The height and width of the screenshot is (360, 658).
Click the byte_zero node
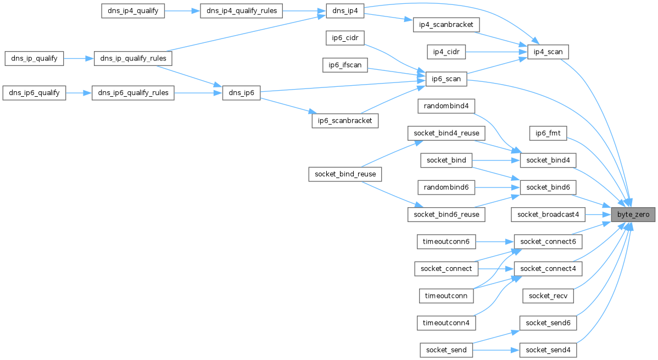633,214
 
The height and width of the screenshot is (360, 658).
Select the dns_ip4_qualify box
133,11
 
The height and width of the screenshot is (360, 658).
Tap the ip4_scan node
547,52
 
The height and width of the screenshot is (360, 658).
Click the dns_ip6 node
241,93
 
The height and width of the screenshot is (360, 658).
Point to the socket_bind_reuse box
345,174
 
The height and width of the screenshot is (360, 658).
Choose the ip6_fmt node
547,133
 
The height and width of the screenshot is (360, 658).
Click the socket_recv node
548,296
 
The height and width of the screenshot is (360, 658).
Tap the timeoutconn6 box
446,241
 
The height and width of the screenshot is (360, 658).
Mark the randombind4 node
446,106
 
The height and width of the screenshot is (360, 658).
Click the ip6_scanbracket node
345,120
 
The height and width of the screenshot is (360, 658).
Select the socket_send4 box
548,350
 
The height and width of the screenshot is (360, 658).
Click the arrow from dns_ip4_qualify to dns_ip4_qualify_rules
183,11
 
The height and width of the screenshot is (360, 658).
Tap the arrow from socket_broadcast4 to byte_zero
598,214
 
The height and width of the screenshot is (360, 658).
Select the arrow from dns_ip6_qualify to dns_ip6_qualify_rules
79,93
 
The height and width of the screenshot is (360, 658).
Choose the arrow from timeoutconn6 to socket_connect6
494,241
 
